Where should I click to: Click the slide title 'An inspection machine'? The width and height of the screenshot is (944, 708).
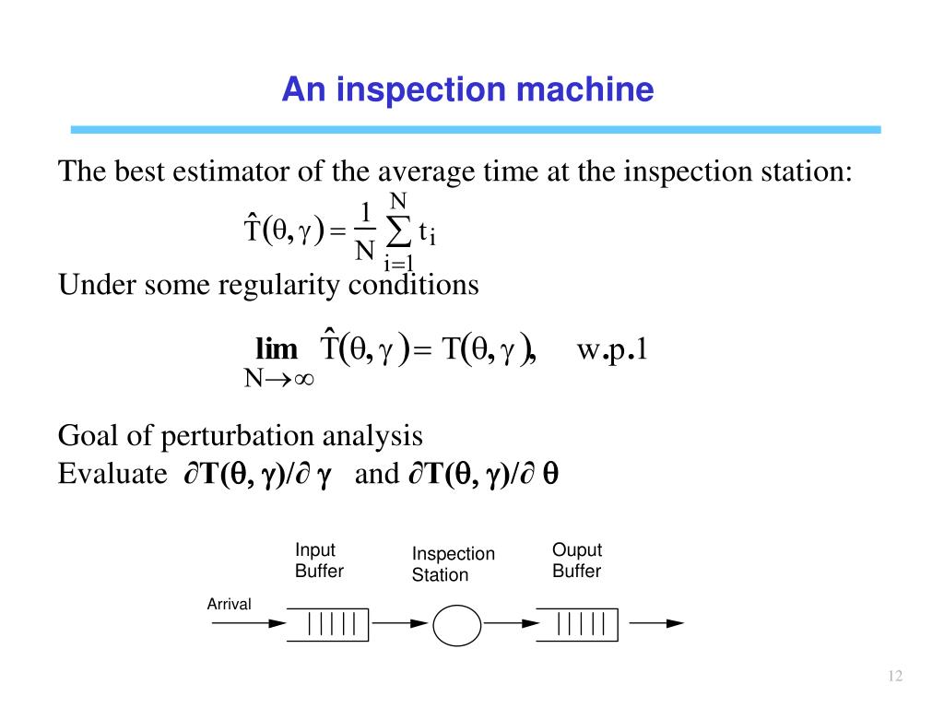pos(467,90)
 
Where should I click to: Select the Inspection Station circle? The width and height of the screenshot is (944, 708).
pos(457,625)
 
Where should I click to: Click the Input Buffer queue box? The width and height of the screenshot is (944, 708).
pos(327,624)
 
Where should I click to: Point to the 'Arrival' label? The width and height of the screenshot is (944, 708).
pos(229,604)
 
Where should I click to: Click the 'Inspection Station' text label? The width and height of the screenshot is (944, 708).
pos(453,564)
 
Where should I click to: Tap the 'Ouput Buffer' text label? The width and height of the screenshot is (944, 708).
pos(576,560)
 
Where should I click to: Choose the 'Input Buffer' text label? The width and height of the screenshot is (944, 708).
pos(318,560)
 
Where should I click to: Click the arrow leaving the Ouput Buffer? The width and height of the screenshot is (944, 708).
pos(656,623)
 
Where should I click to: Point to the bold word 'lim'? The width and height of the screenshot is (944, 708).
pos(277,350)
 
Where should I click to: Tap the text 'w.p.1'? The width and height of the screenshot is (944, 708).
pos(613,350)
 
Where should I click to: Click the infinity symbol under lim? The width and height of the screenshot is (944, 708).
pos(303,378)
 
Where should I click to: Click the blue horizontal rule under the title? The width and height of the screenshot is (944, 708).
pos(476,130)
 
